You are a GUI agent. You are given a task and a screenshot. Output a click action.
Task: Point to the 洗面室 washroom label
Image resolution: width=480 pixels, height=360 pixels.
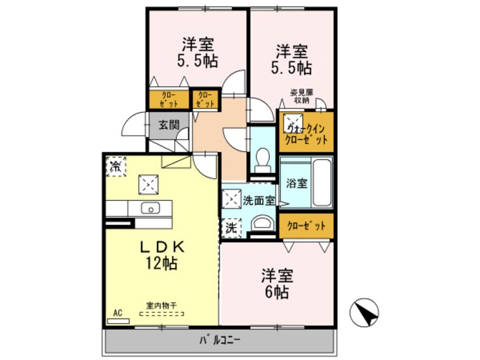point(259,200)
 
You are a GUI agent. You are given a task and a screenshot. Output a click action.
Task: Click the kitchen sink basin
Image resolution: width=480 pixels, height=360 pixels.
point(151,208)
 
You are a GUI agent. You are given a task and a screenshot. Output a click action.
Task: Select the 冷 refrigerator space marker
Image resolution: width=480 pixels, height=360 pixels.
point(115,166)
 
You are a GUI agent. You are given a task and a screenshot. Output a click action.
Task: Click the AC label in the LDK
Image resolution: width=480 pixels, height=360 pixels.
point(118,313)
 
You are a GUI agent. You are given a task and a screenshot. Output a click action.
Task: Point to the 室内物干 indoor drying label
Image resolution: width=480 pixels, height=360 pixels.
point(162,305)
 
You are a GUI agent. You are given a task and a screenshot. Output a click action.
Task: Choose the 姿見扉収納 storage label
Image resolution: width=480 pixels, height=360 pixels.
point(302,96)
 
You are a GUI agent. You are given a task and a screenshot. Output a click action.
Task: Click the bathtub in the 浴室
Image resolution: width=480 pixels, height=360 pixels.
point(321,183)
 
